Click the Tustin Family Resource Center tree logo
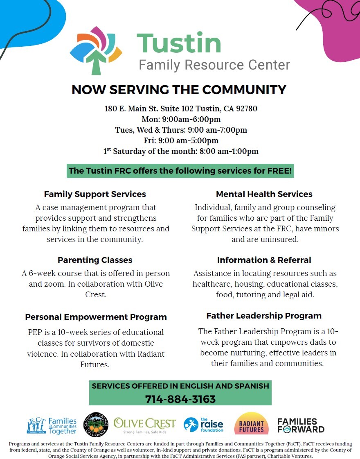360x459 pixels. pos(96,50)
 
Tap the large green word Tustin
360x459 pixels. pos(179,43)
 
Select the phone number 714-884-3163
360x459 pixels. pos(180,399)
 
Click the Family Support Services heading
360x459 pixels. pos(95,194)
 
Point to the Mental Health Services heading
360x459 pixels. pos(264,194)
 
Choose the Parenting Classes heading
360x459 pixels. pos(95,260)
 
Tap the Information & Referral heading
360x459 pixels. pos(264,260)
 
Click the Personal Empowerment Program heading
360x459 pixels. pos(96,317)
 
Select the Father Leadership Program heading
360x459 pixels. pos(264,316)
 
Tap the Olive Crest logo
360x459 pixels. pos(144,425)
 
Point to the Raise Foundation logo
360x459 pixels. pos(203,425)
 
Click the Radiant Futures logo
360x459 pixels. pos(251,424)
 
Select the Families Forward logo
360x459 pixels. pos(301,425)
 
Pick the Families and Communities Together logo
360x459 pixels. pos(52,426)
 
